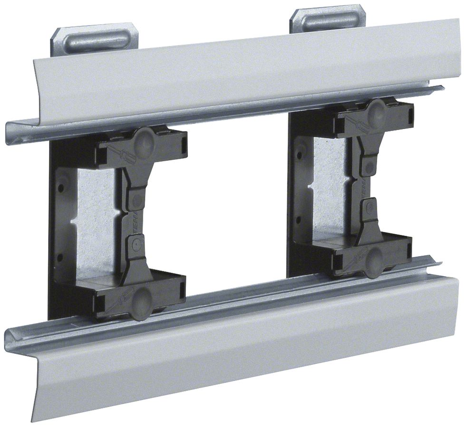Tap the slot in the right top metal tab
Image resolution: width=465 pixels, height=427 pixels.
tap(328, 20)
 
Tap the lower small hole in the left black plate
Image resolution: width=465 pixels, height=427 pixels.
tap(60, 258)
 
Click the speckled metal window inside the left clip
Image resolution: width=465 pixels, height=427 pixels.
tap(95, 223)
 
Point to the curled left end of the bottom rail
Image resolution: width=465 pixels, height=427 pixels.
tap(12, 338)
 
